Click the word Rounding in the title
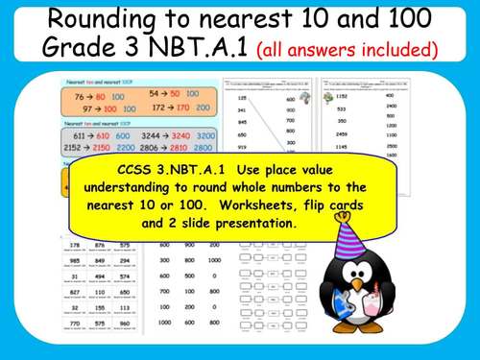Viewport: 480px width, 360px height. click(x=97, y=20)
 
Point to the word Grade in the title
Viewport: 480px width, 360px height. click(x=78, y=47)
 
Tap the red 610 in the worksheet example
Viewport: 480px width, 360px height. click(x=105, y=137)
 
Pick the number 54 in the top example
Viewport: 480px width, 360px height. click(x=159, y=93)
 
